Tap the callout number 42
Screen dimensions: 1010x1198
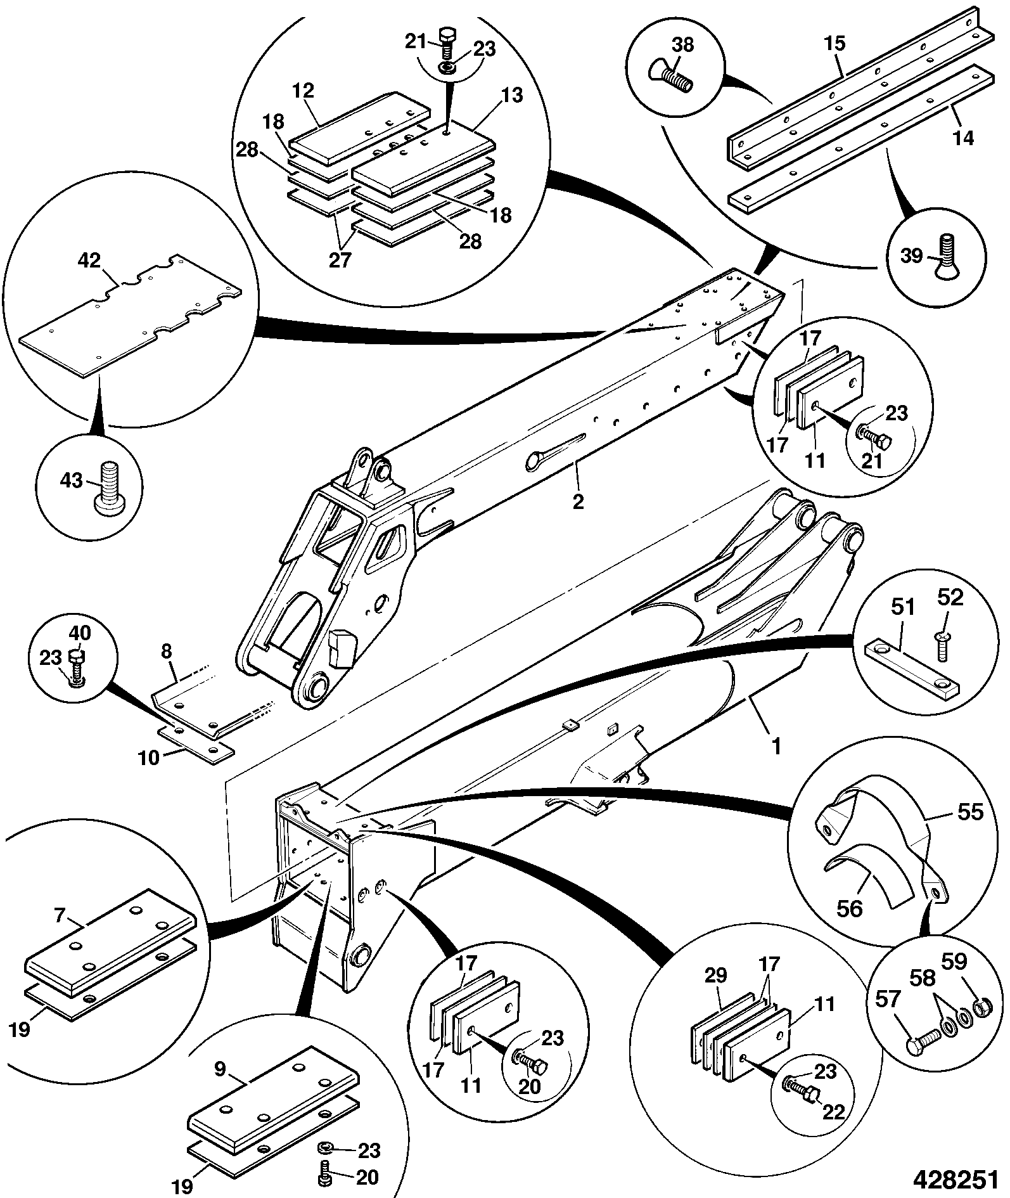(89, 261)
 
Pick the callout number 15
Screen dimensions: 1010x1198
(834, 44)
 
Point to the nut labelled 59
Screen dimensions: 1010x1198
(981, 1006)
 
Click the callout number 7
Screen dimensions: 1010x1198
(60, 915)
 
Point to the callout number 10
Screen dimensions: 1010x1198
(150, 757)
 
